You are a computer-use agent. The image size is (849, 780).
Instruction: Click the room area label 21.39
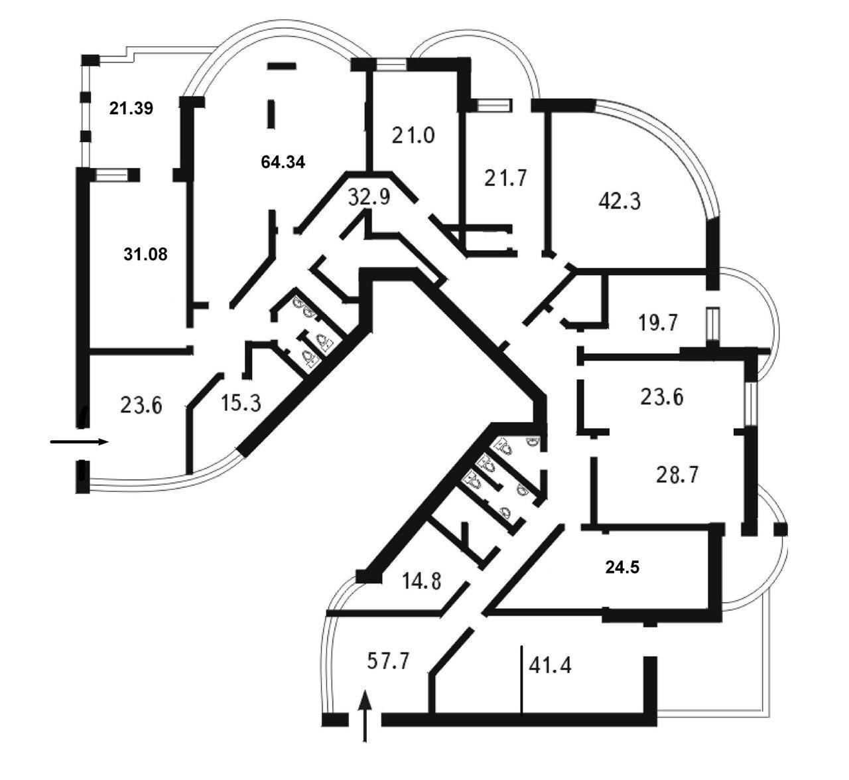131,108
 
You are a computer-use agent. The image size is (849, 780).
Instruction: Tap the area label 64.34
283,162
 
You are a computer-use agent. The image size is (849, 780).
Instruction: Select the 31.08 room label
146,254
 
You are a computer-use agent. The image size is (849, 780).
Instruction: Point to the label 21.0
413,136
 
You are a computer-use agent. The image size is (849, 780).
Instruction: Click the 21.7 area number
506,178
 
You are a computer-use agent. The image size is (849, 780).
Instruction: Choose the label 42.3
620,201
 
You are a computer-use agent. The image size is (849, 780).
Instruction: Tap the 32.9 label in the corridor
369,197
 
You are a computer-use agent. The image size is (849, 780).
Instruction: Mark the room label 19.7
658,323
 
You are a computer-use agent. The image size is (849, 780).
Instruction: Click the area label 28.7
677,475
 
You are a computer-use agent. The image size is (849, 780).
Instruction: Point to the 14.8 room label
422,581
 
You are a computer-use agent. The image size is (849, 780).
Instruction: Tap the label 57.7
389,661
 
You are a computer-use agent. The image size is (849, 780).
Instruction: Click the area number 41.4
551,666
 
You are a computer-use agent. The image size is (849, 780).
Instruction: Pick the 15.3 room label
241,403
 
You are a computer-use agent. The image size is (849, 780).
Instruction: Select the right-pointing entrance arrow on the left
80,442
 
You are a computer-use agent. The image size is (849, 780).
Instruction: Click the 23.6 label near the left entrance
141,406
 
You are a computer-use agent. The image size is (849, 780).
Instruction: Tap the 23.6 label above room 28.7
662,398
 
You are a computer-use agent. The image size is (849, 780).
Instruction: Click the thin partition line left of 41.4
521,678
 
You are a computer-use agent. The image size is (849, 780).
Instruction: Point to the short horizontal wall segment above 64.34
281,66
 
